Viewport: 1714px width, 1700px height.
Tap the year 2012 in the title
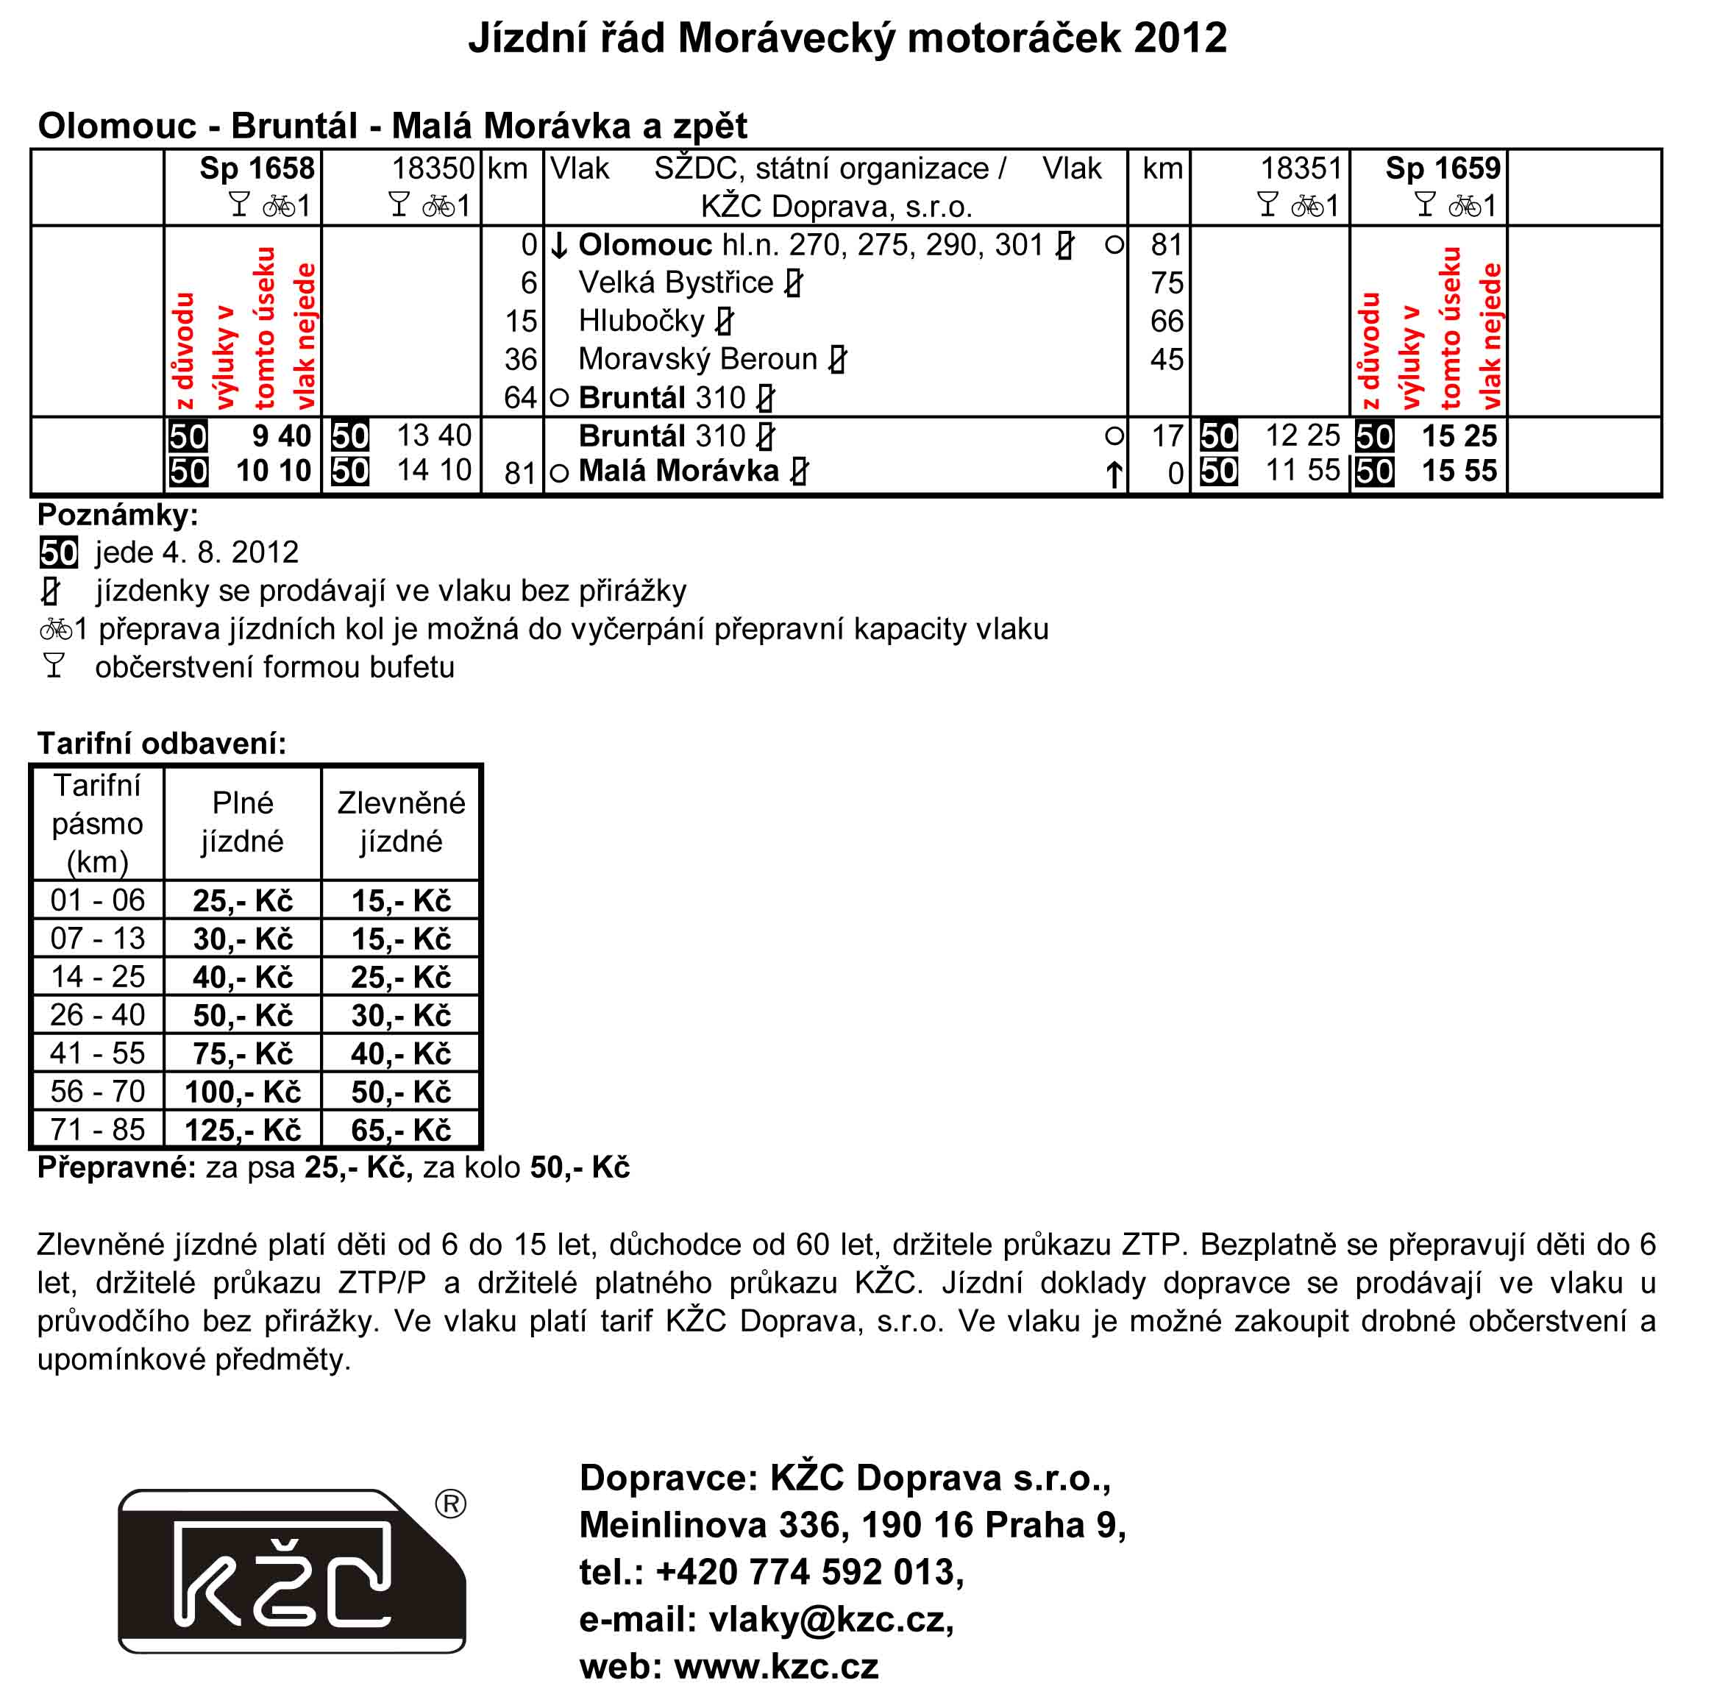click(x=1180, y=39)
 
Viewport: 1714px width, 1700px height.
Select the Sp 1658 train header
click(x=257, y=168)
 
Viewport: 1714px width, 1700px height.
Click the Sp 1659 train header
click(x=1443, y=168)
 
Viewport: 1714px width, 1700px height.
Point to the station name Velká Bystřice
click(x=675, y=283)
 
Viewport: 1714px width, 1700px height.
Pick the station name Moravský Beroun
click(x=697, y=359)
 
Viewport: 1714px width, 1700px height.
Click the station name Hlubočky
click(x=641, y=321)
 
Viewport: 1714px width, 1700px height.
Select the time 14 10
click(x=434, y=470)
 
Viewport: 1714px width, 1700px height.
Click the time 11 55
click(x=1302, y=470)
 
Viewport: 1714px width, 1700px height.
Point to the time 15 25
click(x=1459, y=435)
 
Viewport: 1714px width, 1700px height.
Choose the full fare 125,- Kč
click(x=242, y=1131)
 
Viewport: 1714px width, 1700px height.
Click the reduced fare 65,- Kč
click(x=401, y=1131)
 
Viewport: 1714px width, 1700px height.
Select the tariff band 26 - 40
click(x=98, y=1015)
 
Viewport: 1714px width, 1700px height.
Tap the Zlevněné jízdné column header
click(x=401, y=822)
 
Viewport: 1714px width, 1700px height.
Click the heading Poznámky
click(x=118, y=515)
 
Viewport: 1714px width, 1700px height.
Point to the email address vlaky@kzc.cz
click(x=831, y=1619)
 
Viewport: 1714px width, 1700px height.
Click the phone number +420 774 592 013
click(x=809, y=1572)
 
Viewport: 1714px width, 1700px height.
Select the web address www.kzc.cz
click(x=776, y=1666)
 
